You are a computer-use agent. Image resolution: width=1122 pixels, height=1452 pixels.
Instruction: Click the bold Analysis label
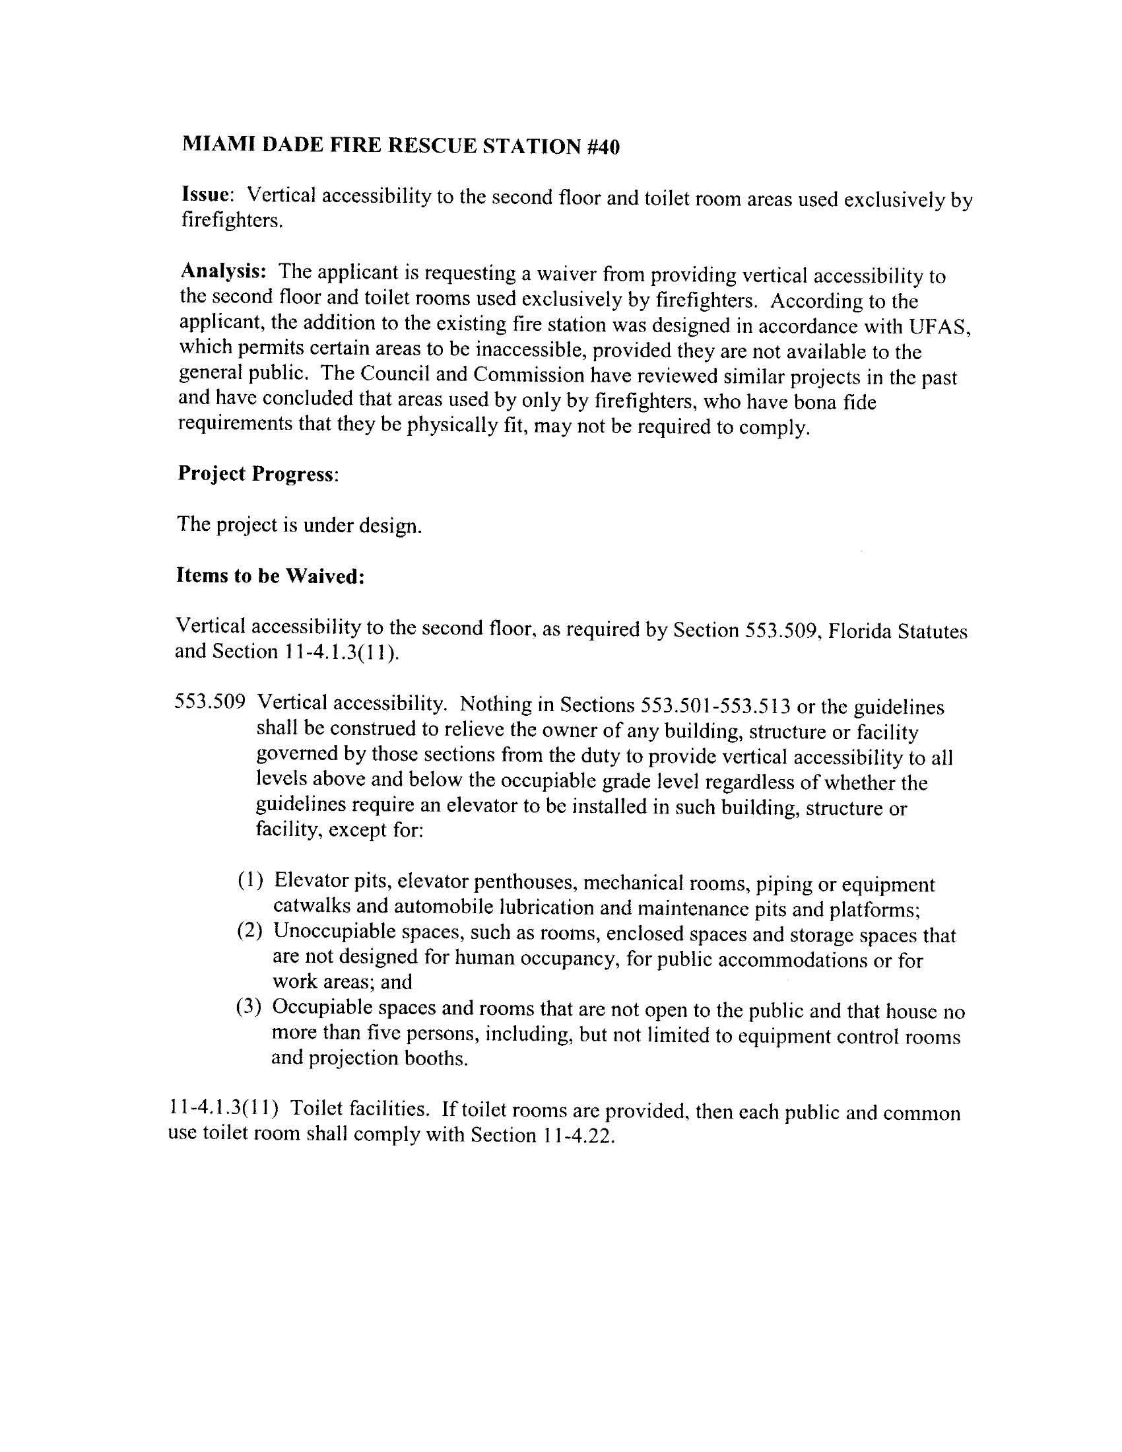[x=223, y=271]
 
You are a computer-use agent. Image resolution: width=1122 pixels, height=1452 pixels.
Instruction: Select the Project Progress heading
[x=257, y=474]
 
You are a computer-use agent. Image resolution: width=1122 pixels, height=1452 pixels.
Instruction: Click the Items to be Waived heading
[x=270, y=576]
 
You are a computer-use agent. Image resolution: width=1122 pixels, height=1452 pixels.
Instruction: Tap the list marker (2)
[x=251, y=931]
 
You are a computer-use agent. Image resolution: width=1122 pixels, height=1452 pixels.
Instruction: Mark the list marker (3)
[x=251, y=1007]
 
